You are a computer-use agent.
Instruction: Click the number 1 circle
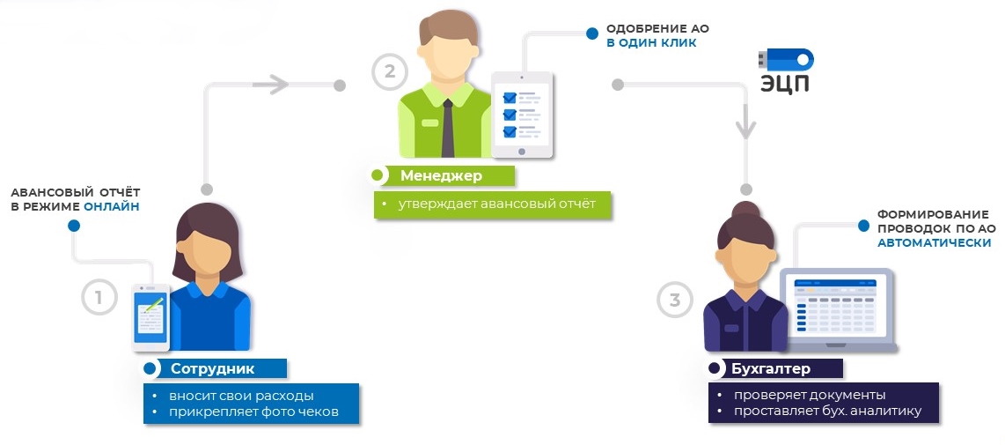click(99, 297)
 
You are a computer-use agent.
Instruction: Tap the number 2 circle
click(390, 71)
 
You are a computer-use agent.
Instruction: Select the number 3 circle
click(675, 300)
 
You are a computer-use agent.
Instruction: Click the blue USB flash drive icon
click(786, 60)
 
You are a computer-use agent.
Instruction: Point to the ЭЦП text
click(785, 84)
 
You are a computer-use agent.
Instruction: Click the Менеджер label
click(442, 175)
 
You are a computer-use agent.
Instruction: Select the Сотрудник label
click(212, 368)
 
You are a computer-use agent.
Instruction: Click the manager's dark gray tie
click(447, 127)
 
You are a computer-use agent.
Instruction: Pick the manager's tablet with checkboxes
click(522, 115)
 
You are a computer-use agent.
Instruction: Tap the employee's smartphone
click(150, 318)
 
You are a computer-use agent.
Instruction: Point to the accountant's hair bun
click(746, 210)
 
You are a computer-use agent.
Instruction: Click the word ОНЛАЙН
click(112, 207)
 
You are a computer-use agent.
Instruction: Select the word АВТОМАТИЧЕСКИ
click(934, 242)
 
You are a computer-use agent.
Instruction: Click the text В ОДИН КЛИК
click(651, 44)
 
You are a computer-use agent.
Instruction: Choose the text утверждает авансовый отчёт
click(496, 204)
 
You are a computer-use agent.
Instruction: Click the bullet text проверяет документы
click(810, 395)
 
